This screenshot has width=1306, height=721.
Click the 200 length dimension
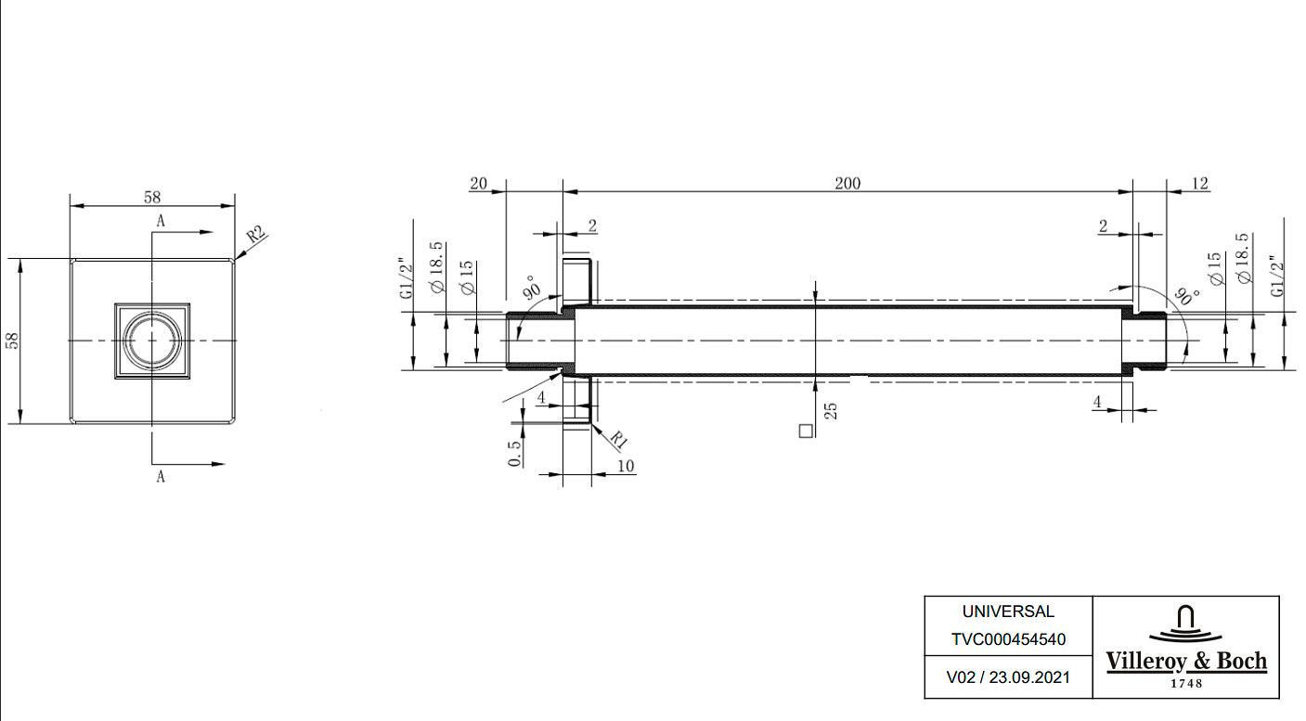pos(847,184)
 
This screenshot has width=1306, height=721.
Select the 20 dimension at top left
pos(478,184)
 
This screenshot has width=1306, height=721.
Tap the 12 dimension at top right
pos(1200,184)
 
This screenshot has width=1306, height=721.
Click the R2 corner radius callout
pos(256,235)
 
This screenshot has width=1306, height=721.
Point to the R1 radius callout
pos(618,439)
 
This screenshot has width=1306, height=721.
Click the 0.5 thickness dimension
pos(514,454)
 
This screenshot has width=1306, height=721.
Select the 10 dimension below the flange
pos(625,466)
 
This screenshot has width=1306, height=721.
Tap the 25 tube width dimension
pos(832,411)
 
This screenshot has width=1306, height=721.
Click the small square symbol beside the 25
pos(806,431)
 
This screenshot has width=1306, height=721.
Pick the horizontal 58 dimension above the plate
pos(152,197)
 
